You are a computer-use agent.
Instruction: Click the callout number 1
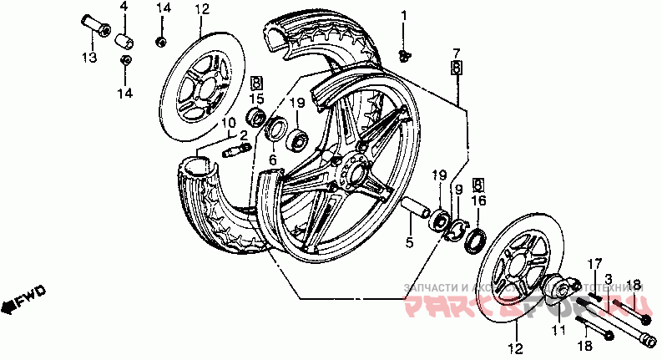pyautogui.click(x=404, y=16)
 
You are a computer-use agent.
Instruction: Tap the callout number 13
pyautogui.click(x=88, y=57)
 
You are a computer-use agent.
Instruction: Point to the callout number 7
pyautogui.click(x=457, y=52)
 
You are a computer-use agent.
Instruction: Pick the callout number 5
pyautogui.click(x=410, y=244)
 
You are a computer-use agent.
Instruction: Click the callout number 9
pyautogui.click(x=457, y=190)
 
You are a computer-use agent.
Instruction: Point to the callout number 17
pyautogui.click(x=594, y=264)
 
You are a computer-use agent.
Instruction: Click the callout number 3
pyautogui.click(x=609, y=277)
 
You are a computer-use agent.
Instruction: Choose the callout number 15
pyautogui.click(x=256, y=99)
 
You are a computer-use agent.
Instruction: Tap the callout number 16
pyautogui.click(x=478, y=201)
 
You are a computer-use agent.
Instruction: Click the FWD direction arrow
pyautogui.click(x=23, y=299)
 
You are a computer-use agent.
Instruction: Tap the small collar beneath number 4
pyautogui.click(x=124, y=39)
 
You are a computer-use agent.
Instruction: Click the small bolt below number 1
pyautogui.click(x=405, y=55)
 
